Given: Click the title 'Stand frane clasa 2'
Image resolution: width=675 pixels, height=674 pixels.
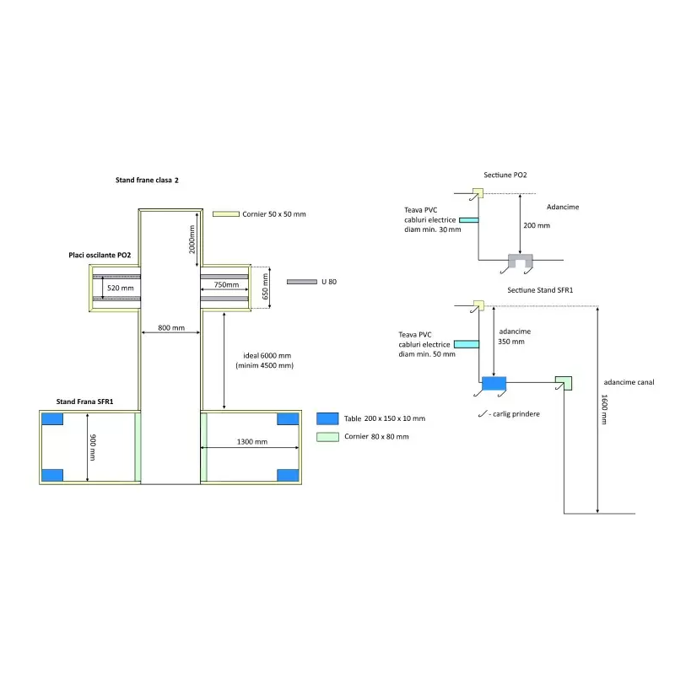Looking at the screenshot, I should [147, 181].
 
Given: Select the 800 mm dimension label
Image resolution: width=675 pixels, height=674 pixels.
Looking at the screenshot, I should [171, 327].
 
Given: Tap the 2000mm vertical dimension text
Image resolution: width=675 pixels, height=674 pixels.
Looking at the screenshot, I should [192, 240].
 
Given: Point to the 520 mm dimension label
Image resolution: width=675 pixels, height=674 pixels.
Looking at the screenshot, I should [121, 288].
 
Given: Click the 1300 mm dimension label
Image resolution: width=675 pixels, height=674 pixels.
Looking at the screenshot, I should [251, 441].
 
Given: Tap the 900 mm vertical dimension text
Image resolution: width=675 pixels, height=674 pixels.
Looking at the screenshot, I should [94, 447].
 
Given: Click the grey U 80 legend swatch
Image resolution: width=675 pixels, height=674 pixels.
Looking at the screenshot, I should [301, 282].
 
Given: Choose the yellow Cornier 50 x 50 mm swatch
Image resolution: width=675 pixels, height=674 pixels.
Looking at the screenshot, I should [226, 214].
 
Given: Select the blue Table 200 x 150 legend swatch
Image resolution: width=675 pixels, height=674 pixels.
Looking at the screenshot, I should [327, 418].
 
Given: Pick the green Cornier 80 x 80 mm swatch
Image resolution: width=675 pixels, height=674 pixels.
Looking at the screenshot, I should [327, 436].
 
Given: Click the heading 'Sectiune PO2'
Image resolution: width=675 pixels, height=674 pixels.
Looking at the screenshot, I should [505, 175].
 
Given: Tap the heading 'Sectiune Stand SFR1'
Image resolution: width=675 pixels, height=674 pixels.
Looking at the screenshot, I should [540, 290].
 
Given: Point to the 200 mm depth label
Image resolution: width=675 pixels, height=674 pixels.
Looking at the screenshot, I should [536, 226].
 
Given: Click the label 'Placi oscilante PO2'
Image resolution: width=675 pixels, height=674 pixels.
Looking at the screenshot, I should [100, 255].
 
